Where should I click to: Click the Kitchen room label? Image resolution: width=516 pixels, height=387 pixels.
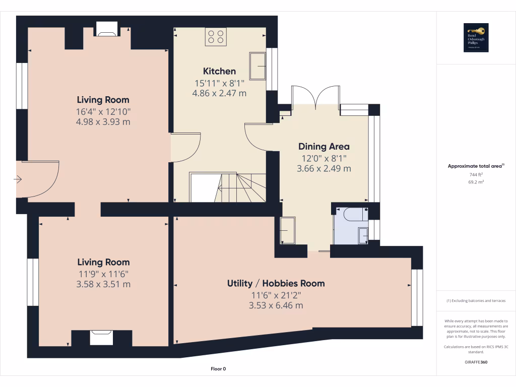tap(219, 71)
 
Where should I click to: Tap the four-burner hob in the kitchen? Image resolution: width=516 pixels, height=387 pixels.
tap(216, 37)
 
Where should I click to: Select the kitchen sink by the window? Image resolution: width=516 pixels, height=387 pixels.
tap(259, 66)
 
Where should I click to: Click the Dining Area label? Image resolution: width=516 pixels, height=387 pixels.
tap(324, 147)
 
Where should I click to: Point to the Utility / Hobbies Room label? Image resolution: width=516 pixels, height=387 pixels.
tap(276, 283)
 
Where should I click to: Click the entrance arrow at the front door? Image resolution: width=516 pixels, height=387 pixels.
tap(19, 179)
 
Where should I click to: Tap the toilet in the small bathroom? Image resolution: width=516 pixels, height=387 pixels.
tap(353, 215)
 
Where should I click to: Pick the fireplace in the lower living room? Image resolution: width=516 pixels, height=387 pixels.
tap(101, 337)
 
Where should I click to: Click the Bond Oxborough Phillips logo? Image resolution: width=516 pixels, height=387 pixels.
tap(476, 38)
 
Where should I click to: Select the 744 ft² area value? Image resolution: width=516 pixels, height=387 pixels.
tap(476, 174)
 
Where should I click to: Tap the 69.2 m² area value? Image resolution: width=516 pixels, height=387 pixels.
tap(476, 182)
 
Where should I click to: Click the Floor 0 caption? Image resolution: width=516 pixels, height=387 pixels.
tap(218, 369)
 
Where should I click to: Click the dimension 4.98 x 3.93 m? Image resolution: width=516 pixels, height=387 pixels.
tap(103, 121)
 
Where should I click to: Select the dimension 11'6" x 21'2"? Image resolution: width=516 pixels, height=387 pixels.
tap(276, 295)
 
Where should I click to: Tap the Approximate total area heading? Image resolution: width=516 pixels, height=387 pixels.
tap(475, 166)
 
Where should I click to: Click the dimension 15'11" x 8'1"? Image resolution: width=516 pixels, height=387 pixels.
tap(219, 83)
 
